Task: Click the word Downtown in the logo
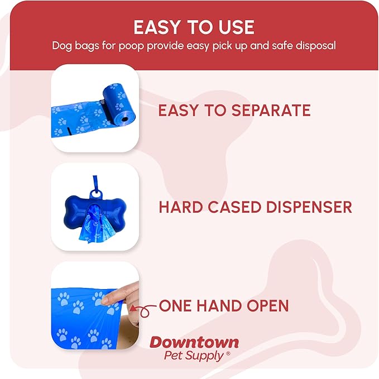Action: click(x=194, y=342)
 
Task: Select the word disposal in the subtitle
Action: click(x=316, y=45)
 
